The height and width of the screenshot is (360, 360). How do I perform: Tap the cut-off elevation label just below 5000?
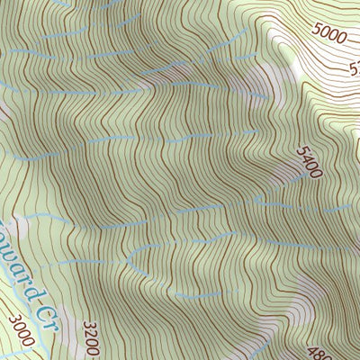pos(353,67)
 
